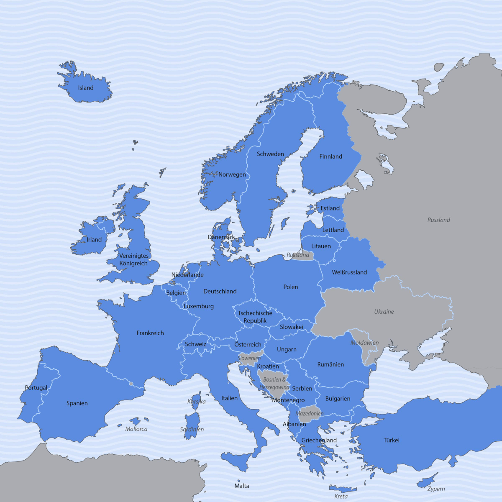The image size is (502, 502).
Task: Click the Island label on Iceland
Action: click(86, 88)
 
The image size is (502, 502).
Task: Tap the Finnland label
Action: click(330, 156)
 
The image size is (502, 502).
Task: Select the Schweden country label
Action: click(270, 154)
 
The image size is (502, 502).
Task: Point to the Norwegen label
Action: click(232, 174)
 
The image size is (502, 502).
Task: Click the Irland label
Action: click(94, 240)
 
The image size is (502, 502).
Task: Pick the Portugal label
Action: click(36, 388)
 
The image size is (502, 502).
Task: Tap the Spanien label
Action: click(77, 403)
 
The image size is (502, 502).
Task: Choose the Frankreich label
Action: click(150, 333)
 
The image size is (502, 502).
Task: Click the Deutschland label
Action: click(220, 291)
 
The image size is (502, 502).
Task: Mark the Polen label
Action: click(291, 287)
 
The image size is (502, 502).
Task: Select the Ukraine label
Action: click(384, 312)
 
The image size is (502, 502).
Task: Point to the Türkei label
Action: click(392, 440)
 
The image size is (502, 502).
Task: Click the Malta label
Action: click(242, 486)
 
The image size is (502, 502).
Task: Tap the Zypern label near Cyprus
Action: click(436, 489)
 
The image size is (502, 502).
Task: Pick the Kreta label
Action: click(341, 496)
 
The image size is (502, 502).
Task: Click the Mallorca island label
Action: click(136, 429)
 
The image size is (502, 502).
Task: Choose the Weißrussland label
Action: click(349, 272)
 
